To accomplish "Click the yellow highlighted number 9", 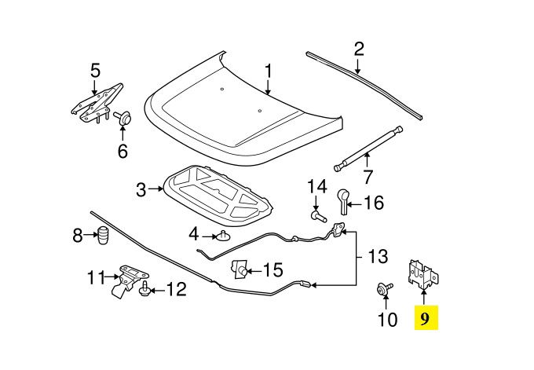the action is pos(426,318).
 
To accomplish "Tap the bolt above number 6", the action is pos(123,118).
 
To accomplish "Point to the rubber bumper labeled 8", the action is pos(103,235).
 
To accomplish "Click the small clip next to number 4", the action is pos(223,236).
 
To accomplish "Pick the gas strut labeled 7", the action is pos(368,149).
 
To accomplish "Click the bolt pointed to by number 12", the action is pos(145,289).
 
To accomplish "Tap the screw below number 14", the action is pos(318,216).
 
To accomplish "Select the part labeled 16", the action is pos(344,202).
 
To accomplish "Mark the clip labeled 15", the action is pos(240,269).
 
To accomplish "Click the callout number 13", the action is pos(378,256).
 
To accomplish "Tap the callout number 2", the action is pos(359,49).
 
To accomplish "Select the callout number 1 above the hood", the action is pos(269,71).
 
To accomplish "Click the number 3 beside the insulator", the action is pos(141,189).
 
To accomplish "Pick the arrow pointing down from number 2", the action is pos(357,67).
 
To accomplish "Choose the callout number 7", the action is pos(368,177).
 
